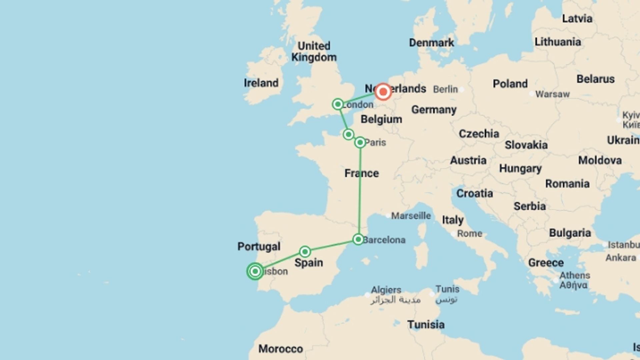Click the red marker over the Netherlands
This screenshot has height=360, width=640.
coord(383,92)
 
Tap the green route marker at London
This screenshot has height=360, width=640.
coord(338,104)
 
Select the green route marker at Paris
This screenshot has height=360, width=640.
coord(360,143)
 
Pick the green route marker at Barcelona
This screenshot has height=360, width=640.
coord(358,239)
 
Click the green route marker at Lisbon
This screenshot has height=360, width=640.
coord(255,271)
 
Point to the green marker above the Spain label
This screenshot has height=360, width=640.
coord(305,251)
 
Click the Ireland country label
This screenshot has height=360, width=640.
coord(261,83)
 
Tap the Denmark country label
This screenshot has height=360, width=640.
coord(431,43)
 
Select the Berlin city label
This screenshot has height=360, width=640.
coord(445,89)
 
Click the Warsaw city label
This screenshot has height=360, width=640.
coord(552,94)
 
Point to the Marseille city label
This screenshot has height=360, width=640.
coord(411,216)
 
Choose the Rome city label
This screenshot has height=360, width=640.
coord(469,233)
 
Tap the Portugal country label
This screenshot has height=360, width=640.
coord(259,247)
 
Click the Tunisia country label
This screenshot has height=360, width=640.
coord(426,324)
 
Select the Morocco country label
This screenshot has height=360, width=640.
coord(281,349)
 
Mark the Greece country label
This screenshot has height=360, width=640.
coord(546,263)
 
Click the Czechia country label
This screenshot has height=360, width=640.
coord(479,134)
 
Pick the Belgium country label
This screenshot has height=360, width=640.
coord(381,119)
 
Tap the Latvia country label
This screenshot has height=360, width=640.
coord(577,19)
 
